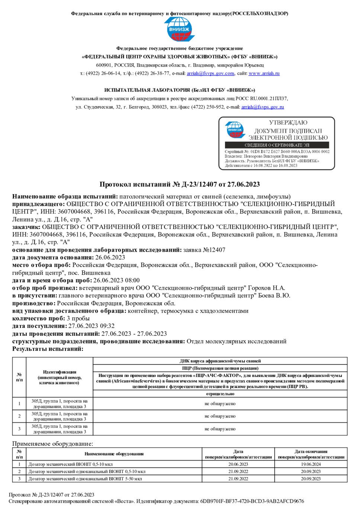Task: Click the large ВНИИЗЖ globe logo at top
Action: [180, 29]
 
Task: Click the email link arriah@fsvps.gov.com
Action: [210, 73]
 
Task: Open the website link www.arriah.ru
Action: [264, 73]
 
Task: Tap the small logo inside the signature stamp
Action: [235, 130]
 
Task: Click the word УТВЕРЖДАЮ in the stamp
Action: [288, 122]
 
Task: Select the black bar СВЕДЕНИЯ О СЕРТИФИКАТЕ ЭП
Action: [277, 145]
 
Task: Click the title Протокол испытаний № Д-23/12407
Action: [180, 184]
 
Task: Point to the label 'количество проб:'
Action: [39, 318]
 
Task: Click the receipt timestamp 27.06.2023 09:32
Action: [91, 326]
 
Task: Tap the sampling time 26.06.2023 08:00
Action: [116, 280]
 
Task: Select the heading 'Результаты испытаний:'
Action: [48, 349]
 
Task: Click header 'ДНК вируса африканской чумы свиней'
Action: [220, 361]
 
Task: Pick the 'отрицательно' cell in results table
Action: [220, 394]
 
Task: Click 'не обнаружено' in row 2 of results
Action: [220, 416]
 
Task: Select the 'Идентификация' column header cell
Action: [60, 377]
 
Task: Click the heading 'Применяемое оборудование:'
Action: [52, 444]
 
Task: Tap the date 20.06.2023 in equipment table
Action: [238, 464]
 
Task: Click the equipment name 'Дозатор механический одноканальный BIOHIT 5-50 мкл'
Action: [85, 479]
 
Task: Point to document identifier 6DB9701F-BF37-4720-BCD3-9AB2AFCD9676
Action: [252, 501]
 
